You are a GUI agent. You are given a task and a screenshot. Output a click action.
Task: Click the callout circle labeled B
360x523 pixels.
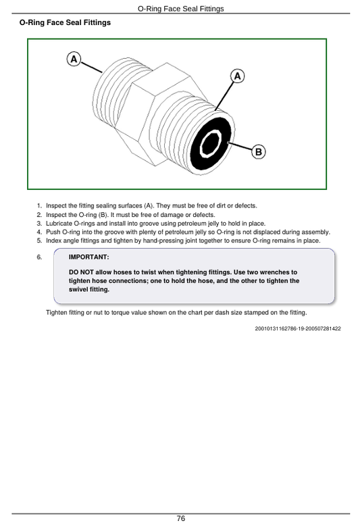point(258,152)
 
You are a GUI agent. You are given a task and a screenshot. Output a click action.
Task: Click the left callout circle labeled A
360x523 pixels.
point(74,59)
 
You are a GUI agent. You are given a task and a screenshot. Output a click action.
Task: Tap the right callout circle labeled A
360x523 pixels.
point(237,76)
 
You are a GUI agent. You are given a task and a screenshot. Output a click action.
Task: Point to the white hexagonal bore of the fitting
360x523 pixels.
point(210,143)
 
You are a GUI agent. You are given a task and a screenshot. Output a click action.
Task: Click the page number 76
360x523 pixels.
point(180,518)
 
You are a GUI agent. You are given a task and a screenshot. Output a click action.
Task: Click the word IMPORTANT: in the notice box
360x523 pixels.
point(88,257)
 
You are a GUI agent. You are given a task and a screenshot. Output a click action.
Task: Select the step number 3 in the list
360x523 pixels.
point(39,224)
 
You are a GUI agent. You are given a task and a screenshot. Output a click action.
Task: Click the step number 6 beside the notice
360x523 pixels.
point(39,257)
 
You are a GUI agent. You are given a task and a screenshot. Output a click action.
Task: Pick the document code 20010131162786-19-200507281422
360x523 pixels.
point(298,328)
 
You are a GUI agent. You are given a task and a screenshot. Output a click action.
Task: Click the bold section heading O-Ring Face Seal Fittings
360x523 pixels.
point(65,23)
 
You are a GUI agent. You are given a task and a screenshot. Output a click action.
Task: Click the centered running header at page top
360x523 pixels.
point(180,9)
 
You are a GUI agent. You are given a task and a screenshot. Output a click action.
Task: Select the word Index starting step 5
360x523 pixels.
point(53,241)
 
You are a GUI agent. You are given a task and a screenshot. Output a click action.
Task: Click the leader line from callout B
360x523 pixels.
point(240,147)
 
